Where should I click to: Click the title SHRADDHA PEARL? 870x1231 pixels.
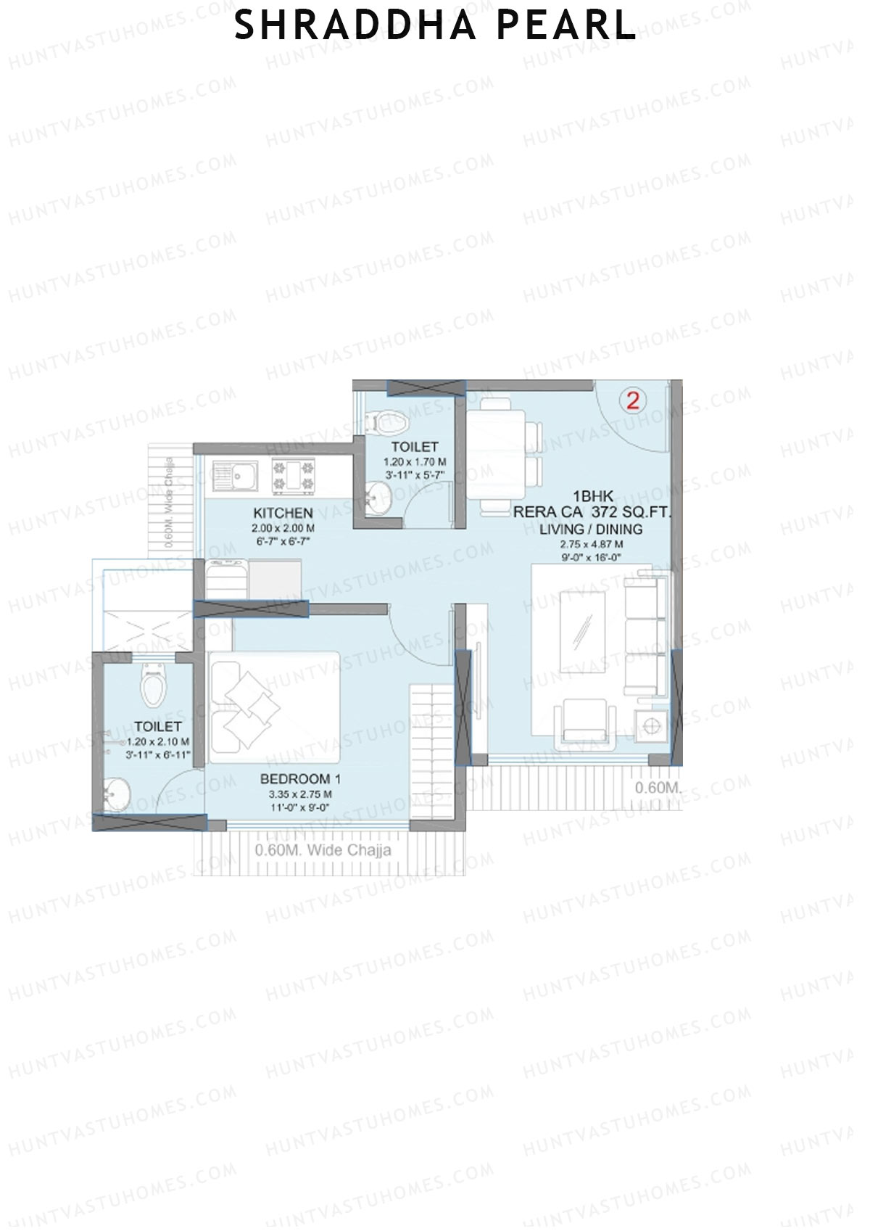point(435,25)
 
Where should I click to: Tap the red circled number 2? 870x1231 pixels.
point(633,400)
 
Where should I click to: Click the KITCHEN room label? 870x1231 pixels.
point(283,513)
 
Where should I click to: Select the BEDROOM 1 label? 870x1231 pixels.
point(300,779)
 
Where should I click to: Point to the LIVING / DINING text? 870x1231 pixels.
point(591,529)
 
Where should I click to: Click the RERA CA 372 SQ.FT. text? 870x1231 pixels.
point(592,512)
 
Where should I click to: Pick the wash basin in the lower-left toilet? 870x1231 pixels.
point(115,794)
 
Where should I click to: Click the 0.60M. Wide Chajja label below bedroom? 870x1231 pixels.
point(323,850)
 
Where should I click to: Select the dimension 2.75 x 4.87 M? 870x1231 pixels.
point(591,544)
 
